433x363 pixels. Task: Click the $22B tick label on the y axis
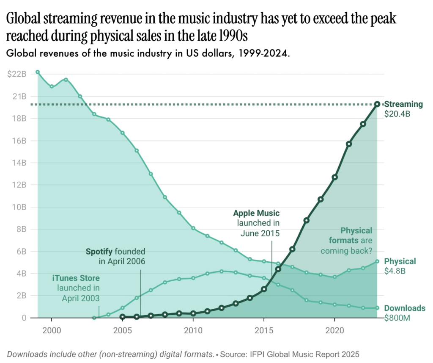click(17, 74)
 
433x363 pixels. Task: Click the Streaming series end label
click(403, 104)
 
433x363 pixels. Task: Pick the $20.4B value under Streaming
click(397, 114)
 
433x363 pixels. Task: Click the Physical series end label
click(400, 261)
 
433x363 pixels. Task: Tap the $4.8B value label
click(395, 271)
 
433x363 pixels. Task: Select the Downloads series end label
click(404, 308)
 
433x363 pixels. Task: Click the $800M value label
click(397, 318)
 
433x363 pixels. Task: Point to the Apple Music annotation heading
click(256, 213)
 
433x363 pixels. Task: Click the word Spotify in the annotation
click(99, 252)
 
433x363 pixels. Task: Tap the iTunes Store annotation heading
click(76, 278)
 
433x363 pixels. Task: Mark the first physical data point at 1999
click(38, 72)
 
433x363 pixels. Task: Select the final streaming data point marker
click(377, 104)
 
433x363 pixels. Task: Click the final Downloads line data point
click(377, 308)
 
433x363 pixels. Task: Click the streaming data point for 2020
click(334, 177)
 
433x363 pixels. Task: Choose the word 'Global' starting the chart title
click(26, 19)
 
